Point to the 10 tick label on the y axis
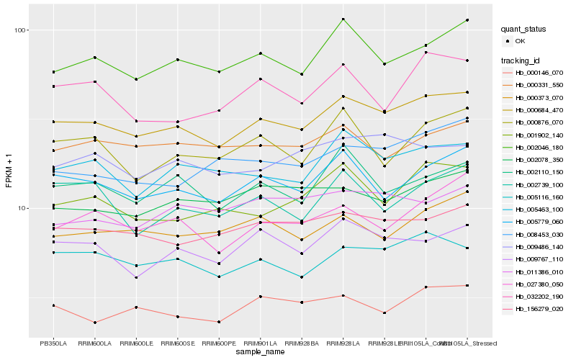pyautogui.click(x=21, y=208)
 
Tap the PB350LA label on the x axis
pyautogui.click(x=53, y=343)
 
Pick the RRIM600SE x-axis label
pyautogui.click(x=177, y=343)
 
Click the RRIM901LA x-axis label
pyautogui.click(x=260, y=343)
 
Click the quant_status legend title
pyautogui.click(x=524, y=30)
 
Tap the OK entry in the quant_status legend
pyautogui.click(x=520, y=42)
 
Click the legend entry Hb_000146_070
pyautogui.click(x=539, y=73)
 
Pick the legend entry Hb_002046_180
pyautogui.click(x=539, y=147)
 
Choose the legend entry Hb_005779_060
pyautogui.click(x=539, y=222)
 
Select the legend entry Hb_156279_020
pyautogui.click(x=539, y=309)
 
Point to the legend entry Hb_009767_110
pyautogui.click(x=539, y=259)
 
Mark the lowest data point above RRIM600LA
pyautogui.click(x=94, y=323)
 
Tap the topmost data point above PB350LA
pyautogui.click(x=53, y=72)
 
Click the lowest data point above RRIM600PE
pyautogui.click(x=219, y=322)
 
